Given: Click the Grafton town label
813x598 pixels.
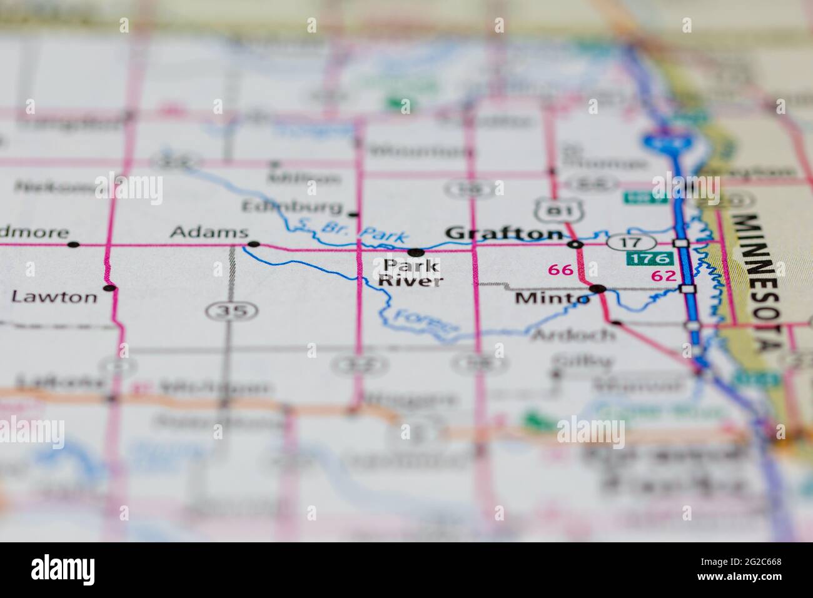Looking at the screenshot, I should pos(503,233).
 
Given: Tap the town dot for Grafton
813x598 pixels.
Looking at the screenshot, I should pos(577,243).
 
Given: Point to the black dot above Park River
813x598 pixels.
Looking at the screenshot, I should pos(415,252).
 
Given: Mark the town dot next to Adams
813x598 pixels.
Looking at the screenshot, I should pos(253,244).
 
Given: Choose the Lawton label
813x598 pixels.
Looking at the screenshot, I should pos(54,296).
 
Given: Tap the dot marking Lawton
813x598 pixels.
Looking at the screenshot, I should pos(110,288).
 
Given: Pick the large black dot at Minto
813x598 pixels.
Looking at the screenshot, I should pos(598,289).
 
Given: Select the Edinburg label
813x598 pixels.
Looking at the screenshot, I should pos(293,206).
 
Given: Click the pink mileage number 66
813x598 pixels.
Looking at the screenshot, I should pos(560,270).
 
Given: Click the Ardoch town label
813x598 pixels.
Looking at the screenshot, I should pos(573,334).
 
